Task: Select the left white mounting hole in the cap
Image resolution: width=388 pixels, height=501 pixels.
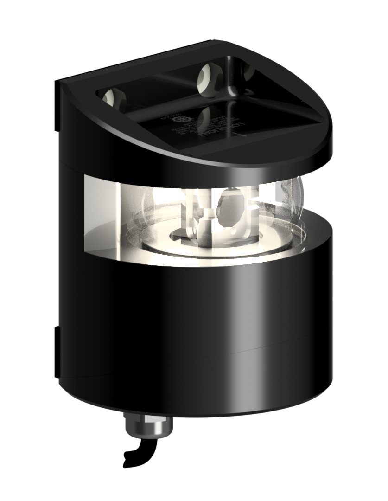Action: [x=109, y=97]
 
